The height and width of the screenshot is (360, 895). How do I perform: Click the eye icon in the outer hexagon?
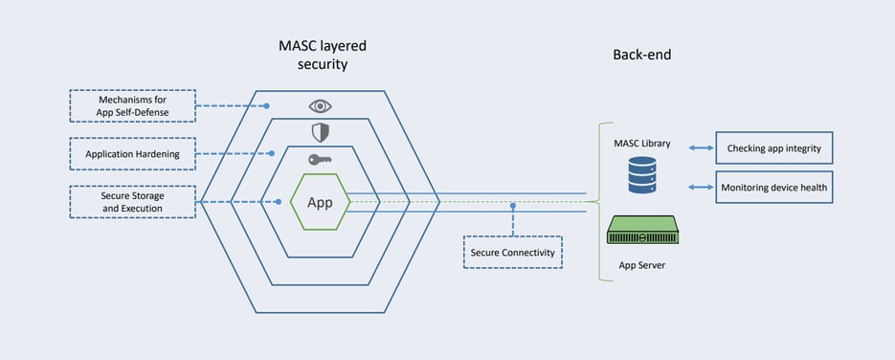320,106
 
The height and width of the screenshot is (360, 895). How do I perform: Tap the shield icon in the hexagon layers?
320,132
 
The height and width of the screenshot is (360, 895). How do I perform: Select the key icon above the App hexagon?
320,159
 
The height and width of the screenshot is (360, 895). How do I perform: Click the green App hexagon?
320,202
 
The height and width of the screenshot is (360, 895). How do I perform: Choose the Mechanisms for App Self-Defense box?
133,105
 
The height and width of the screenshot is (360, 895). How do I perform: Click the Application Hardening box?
133,153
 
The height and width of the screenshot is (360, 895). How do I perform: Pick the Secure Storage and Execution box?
133,201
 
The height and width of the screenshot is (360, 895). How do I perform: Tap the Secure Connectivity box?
513,252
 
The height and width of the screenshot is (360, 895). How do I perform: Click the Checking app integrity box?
774,148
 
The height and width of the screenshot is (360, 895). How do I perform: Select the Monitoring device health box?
774,187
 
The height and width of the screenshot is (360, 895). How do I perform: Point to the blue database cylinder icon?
642,176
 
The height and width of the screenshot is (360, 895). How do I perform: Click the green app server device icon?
642,231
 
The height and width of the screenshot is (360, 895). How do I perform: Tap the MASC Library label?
642,144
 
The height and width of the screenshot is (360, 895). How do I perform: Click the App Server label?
642,265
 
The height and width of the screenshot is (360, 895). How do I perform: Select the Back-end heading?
642,55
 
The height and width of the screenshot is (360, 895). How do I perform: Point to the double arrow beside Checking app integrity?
700,148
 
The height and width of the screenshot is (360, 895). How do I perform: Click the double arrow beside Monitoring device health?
700,187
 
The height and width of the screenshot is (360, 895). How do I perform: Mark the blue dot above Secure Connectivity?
513,205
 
